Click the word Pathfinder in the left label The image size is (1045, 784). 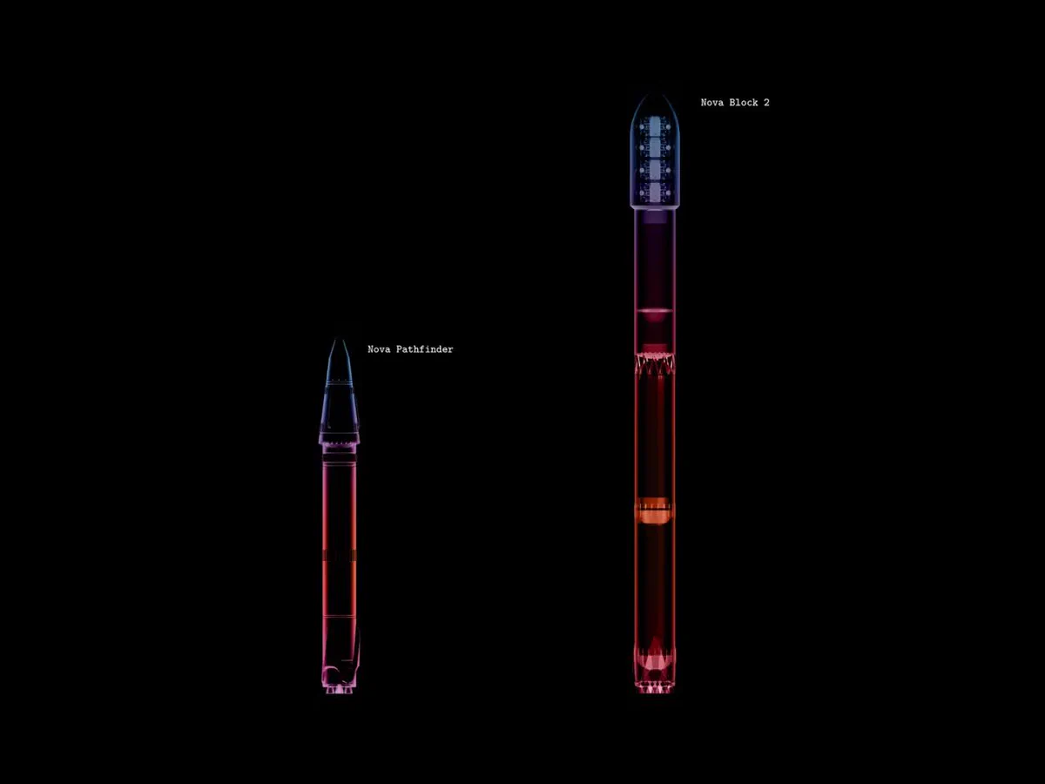pyautogui.click(x=424, y=349)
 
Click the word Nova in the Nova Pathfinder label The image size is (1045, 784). pyautogui.click(x=379, y=349)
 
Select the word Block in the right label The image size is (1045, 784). pyautogui.click(x=744, y=102)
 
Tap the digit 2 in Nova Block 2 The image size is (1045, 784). pyautogui.click(x=766, y=102)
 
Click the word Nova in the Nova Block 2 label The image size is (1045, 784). pyautogui.click(x=712, y=102)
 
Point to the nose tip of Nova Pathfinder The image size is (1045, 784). pyautogui.click(x=339, y=340)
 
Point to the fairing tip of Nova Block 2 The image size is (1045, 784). pyautogui.click(x=655, y=94)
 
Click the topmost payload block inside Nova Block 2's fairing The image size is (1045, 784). pyautogui.click(x=655, y=126)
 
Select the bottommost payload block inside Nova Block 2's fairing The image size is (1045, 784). pyautogui.click(x=655, y=193)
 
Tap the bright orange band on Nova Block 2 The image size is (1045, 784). pyautogui.click(x=655, y=510)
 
